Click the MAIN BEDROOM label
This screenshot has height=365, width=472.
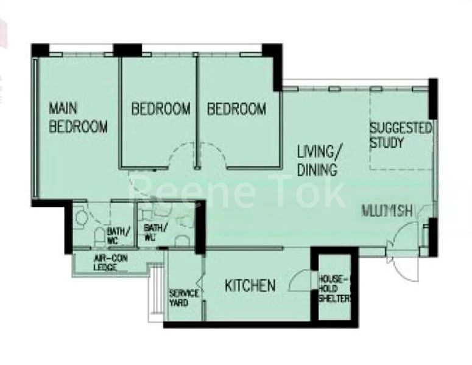coord(78,117)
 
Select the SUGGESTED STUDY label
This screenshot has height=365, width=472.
coord(400,136)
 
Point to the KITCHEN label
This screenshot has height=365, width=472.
coord(250,285)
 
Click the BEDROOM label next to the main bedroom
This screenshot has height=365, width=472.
coord(161,109)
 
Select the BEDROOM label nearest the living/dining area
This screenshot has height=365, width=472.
coord(236,109)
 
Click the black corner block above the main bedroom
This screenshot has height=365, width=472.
coord(40,50)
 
